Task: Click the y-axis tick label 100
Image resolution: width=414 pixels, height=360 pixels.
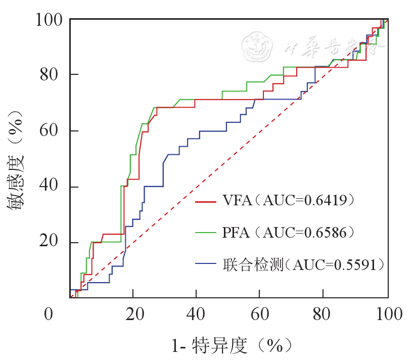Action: [x=49, y=20]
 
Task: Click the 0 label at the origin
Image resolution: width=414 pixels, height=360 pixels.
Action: [x=49, y=314]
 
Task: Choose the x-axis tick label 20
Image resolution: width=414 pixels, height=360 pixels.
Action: [x=133, y=314]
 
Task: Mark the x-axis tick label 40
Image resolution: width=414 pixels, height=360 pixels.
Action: [x=197, y=314]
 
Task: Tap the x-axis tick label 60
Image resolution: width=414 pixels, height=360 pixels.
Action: [x=260, y=314]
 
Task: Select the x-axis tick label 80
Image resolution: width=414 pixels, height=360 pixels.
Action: [x=324, y=314]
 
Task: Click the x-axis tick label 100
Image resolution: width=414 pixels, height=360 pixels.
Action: [x=387, y=314]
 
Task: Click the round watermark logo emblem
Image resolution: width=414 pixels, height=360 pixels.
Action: [x=257, y=46]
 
